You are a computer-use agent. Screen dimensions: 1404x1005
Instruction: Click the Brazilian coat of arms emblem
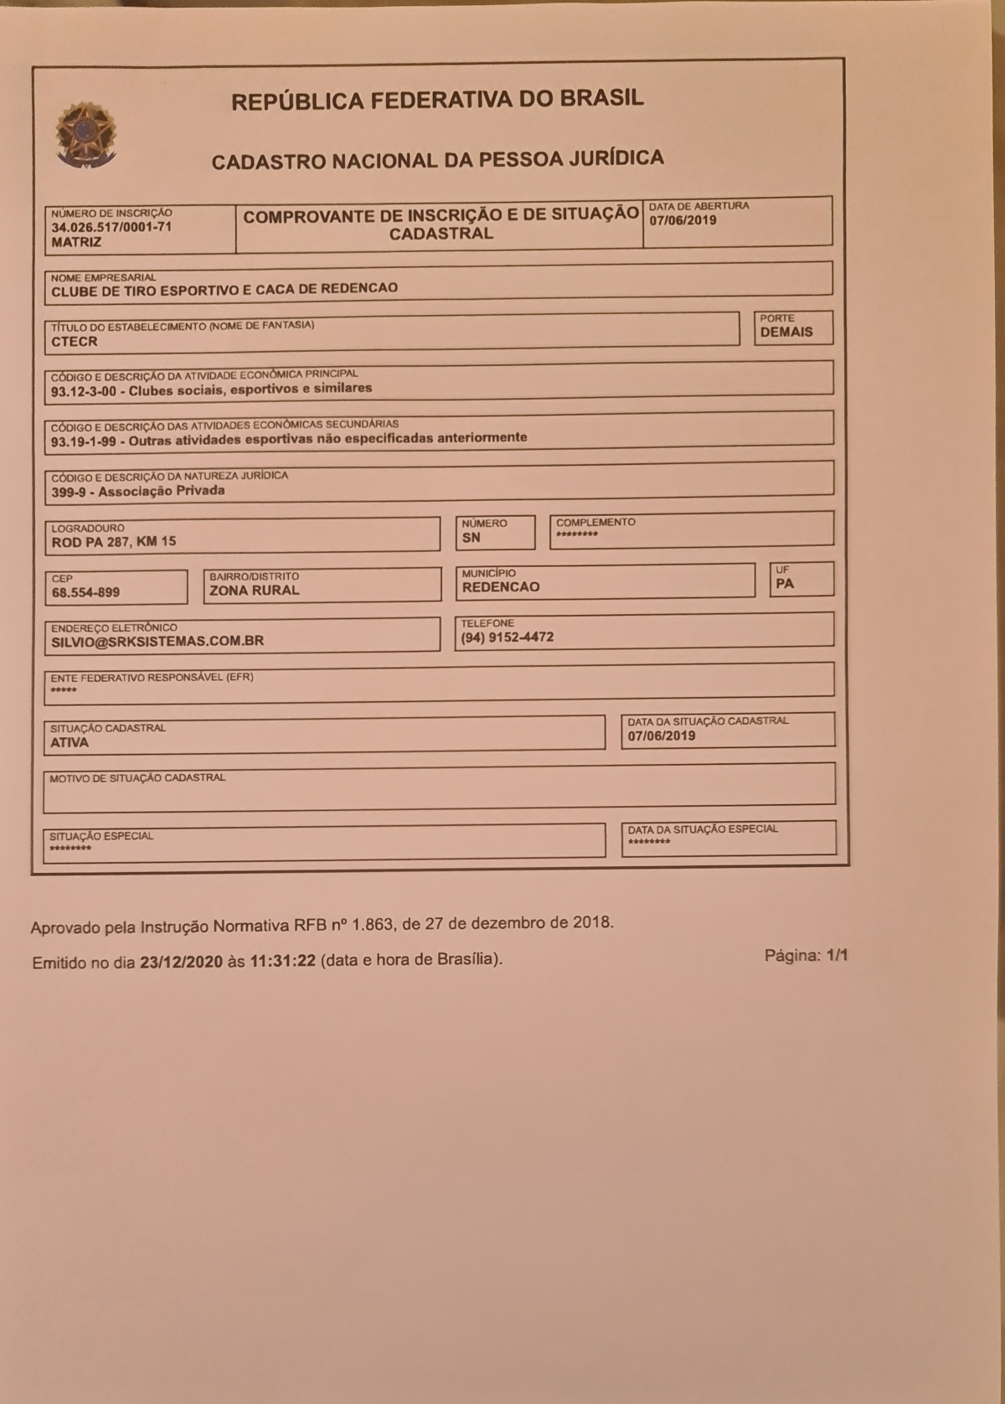tap(85, 135)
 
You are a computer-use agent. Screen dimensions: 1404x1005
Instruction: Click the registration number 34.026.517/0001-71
tap(111, 227)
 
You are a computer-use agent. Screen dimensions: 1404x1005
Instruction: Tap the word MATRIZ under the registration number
tap(76, 242)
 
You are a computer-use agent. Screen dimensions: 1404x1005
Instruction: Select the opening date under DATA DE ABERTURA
tap(683, 220)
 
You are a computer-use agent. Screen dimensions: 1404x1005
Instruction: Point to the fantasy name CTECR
tap(75, 342)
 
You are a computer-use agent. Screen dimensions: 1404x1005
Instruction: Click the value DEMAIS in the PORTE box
tap(786, 332)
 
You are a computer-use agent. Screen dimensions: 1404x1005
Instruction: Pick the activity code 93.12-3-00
tap(84, 391)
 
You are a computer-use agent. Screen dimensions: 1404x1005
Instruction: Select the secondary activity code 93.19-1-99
tap(84, 441)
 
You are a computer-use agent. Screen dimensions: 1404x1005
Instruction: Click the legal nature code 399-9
tap(69, 493)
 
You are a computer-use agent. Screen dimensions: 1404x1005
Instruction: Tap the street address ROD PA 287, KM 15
tap(114, 542)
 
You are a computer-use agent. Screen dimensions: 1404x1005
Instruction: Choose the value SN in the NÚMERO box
tap(472, 538)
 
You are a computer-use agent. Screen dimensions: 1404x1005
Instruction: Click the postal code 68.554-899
tap(85, 592)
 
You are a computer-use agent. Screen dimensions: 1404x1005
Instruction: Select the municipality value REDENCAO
tap(501, 587)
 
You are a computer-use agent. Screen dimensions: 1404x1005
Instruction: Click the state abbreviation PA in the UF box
tap(785, 584)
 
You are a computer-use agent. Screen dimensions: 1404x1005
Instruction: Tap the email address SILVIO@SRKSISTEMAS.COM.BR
tap(157, 641)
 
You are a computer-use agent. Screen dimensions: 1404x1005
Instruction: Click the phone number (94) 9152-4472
tap(507, 637)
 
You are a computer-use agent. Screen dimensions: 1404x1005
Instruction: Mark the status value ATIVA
tap(70, 742)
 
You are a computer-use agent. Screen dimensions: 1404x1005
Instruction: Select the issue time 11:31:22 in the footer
tap(282, 961)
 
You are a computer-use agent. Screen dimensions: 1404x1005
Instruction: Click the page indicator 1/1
tap(837, 956)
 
